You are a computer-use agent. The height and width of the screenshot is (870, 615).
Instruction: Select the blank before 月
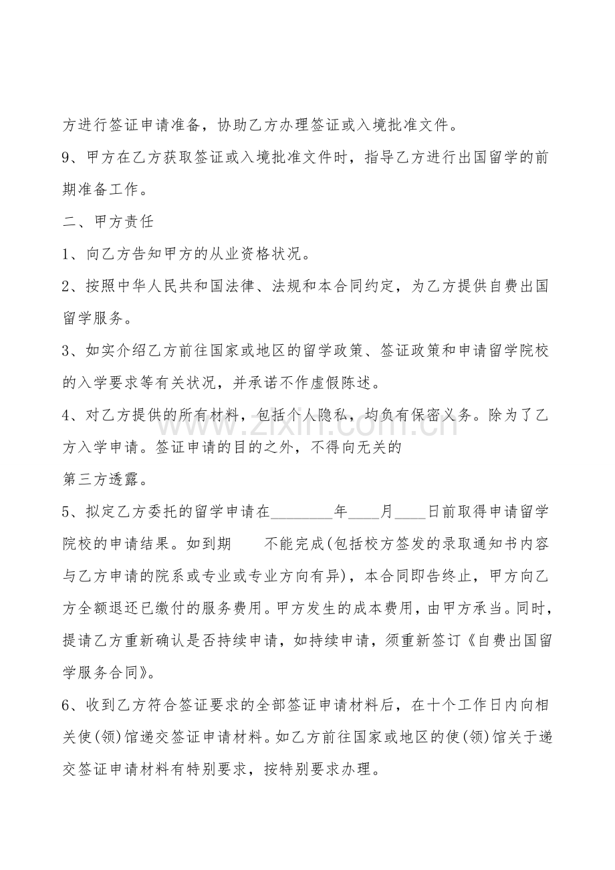[x=363, y=513]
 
